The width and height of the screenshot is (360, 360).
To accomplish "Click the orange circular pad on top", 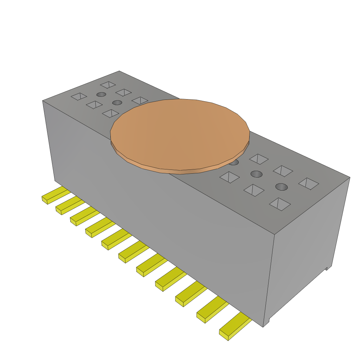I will pos(180,134).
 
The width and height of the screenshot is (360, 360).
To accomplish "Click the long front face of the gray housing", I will pos(158,211).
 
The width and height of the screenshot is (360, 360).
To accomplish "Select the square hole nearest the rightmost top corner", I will pos(309,184).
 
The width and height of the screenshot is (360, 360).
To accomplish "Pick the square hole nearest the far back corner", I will pos(108,85).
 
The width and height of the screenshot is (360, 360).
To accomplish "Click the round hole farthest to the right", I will pos(281,186).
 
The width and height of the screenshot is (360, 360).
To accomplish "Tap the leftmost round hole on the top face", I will pos(101,94).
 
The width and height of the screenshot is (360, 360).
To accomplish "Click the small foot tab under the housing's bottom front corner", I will pos(267,320).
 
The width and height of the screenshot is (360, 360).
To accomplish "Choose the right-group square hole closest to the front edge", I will pos(280,204).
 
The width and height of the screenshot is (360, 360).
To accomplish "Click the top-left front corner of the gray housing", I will pos(43,101).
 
